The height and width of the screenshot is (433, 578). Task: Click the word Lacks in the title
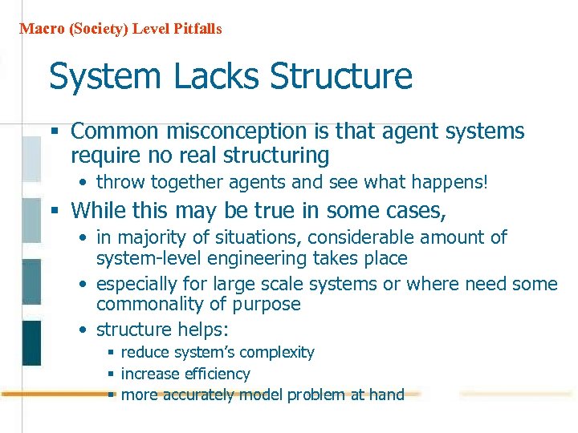point(216,77)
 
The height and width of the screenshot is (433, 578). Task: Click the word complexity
point(279,353)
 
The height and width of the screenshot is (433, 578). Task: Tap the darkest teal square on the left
point(31,342)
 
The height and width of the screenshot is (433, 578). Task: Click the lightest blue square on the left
point(31,159)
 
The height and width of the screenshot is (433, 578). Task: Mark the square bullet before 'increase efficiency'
point(112,374)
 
